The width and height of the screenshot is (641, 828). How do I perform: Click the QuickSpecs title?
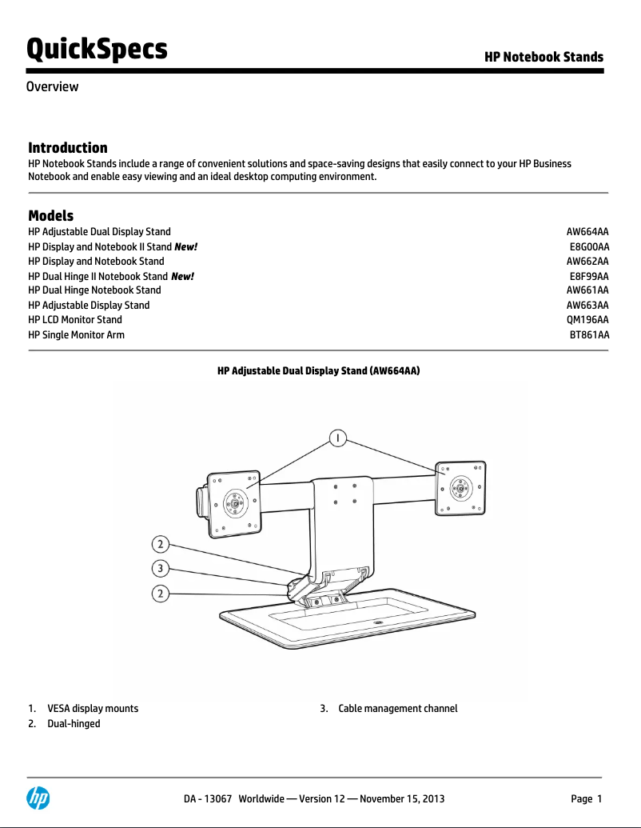tap(97, 49)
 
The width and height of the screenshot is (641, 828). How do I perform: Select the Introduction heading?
tap(68, 147)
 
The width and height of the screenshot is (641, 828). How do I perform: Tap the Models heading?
tap(50, 216)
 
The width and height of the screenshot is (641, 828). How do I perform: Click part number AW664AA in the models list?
tap(587, 231)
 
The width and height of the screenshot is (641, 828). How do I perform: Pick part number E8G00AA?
tap(589, 246)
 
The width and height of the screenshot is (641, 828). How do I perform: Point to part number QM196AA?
tap(587, 319)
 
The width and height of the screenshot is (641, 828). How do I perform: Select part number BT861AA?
tap(589, 334)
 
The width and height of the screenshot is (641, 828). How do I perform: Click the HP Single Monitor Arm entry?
tap(76, 334)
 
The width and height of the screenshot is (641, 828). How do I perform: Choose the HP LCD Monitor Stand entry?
tap(75, 319)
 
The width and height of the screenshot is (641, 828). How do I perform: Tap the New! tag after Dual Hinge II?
tap(183, 276)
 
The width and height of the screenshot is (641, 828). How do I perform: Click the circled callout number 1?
tap(340, 438)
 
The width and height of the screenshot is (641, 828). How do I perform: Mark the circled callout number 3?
tap(161, 569)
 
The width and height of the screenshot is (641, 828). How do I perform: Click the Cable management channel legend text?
tap(397, 709)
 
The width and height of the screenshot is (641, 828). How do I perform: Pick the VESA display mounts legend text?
tap(93, 709)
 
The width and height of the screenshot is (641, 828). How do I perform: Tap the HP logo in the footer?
tap(38, 798)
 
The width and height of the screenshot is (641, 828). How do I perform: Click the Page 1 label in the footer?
tap(586, 798)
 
